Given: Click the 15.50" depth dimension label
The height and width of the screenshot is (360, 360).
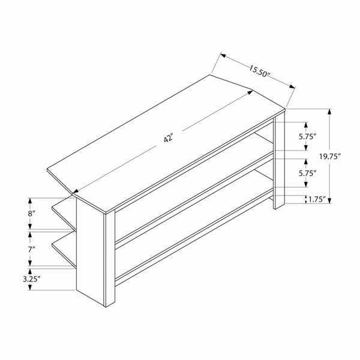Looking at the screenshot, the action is click(260, 71).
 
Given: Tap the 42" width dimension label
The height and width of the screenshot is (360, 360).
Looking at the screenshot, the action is click(168, 139).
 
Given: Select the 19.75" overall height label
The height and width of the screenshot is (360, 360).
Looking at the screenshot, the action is click(329, 157).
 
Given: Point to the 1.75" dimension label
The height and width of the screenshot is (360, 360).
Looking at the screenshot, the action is click(317, 199).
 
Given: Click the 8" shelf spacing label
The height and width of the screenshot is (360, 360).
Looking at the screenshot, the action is click(31, 214).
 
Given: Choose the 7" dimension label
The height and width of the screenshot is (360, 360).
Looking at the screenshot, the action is click(31, 249).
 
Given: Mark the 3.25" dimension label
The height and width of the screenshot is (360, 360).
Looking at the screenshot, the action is click(31, 279).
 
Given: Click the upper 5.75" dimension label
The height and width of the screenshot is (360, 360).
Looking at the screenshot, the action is click(308, 137).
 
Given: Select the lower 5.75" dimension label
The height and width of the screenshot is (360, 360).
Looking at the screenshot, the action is click(308, 173).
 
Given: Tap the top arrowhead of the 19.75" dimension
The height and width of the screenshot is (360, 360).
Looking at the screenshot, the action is click(329, 112).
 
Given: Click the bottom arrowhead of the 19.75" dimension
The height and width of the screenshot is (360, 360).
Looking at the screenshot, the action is click(329, 200).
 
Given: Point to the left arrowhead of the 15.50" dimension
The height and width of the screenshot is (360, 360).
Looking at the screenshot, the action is click(223, 55).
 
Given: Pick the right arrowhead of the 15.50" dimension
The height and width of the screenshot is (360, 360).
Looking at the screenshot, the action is click(292, 86).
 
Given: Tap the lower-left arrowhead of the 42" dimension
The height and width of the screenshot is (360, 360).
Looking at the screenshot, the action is click(76, 191).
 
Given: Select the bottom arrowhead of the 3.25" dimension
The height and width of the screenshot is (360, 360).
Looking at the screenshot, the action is click(29, 287).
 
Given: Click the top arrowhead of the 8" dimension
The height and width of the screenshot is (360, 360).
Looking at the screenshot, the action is click(29, 201).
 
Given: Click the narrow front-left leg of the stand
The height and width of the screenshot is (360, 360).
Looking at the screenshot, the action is click(110, 258).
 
